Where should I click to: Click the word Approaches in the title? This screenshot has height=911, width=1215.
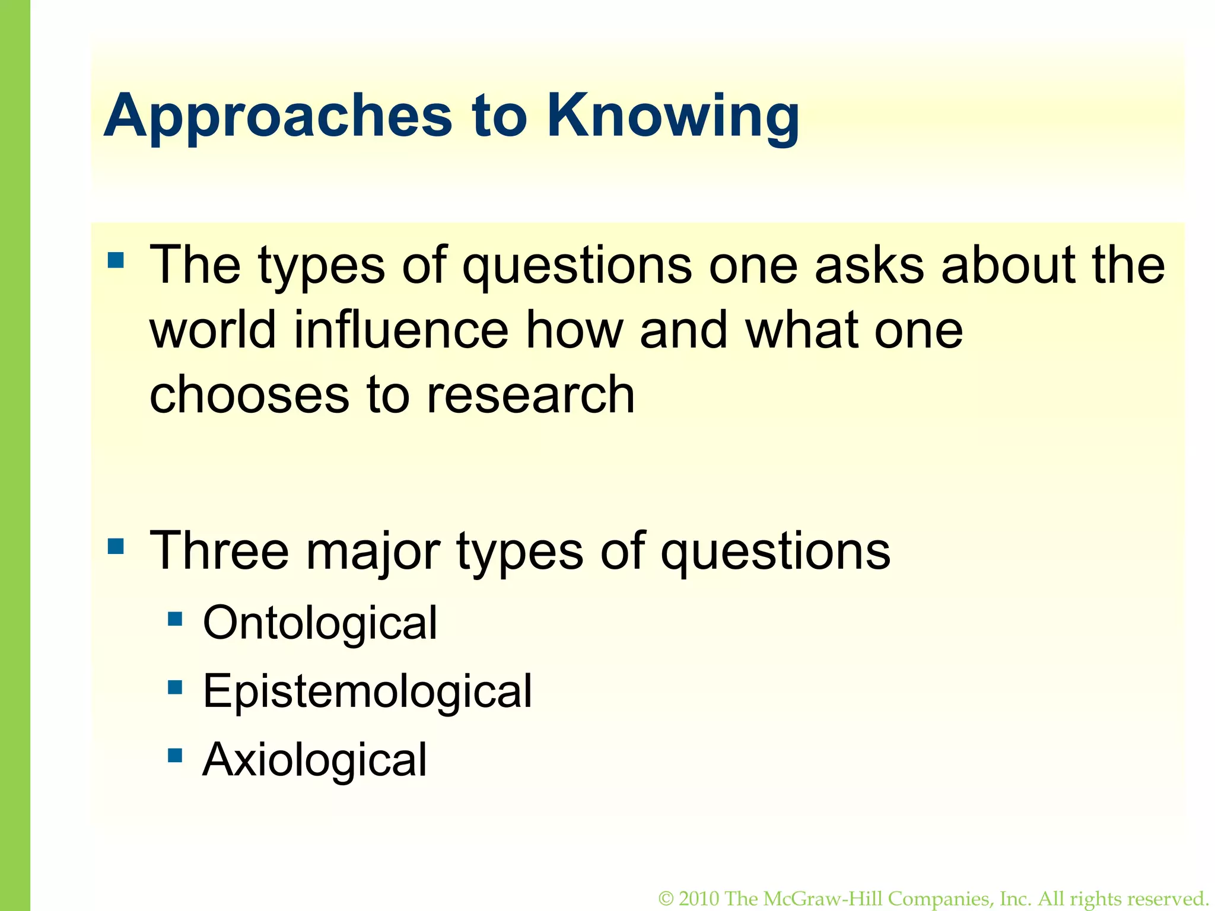[278, 116]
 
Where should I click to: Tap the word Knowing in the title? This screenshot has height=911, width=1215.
[673, 116]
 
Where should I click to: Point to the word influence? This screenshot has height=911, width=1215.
[401, 330]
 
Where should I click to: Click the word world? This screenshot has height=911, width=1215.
[213, 330]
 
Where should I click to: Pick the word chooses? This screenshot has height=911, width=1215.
[249, 395]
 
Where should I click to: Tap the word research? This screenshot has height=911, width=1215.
[531, 395]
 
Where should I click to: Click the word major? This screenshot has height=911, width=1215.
[373, 552]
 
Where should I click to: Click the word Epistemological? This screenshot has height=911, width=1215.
[367, 692]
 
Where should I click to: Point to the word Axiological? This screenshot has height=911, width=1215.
[314, 760]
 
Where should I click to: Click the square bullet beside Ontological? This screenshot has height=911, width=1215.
[175, 620]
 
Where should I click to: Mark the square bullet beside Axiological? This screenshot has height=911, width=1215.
[175, 756]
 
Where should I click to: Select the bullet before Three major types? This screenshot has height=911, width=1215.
[116, 546]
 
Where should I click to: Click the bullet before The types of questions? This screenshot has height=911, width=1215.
[116, 260]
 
